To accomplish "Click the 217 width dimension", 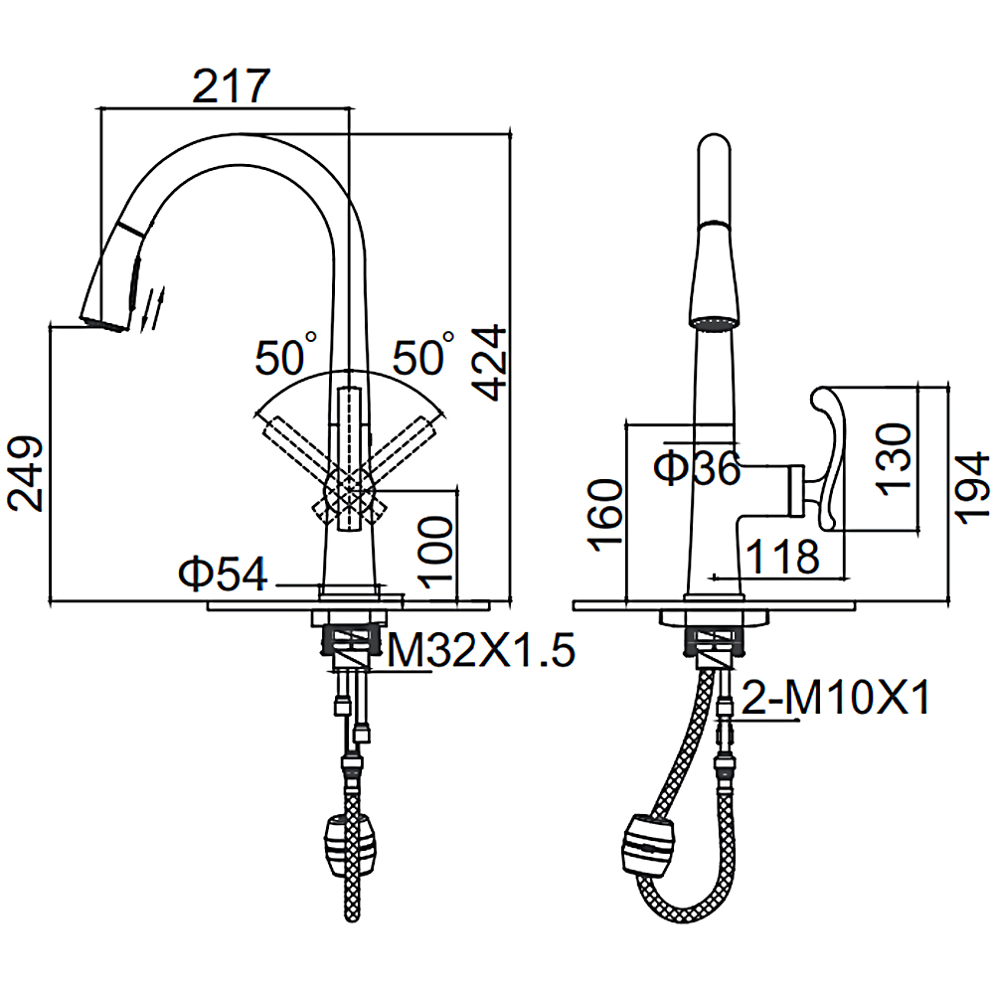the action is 231,86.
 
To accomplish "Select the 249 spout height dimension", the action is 26,473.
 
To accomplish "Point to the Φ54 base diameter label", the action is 223,574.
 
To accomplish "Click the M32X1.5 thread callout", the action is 481,650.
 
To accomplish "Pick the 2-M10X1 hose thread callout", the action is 836,697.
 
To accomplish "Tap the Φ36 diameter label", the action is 697,468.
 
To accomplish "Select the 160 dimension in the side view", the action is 605,515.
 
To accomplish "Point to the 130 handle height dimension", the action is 894,458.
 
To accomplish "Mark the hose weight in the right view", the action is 650,845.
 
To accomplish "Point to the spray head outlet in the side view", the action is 714,323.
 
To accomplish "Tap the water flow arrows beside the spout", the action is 153,309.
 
